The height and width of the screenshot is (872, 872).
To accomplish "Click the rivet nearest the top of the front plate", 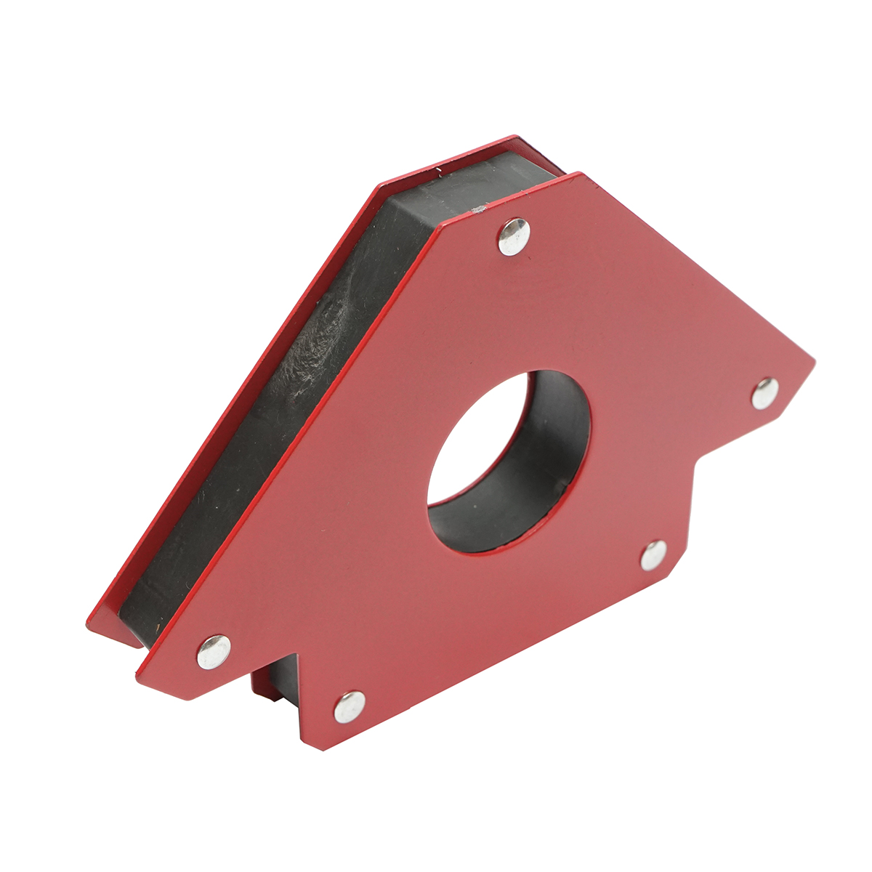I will [514, 236].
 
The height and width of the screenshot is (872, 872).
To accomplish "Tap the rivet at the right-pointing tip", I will [764, 393].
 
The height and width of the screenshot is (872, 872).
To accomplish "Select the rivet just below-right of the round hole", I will [653, 555].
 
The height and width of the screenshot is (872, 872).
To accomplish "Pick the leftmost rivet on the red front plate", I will [214, 651].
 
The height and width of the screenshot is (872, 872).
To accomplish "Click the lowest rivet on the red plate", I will [350, 706].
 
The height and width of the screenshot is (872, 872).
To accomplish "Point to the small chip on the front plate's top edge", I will [477, 211].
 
